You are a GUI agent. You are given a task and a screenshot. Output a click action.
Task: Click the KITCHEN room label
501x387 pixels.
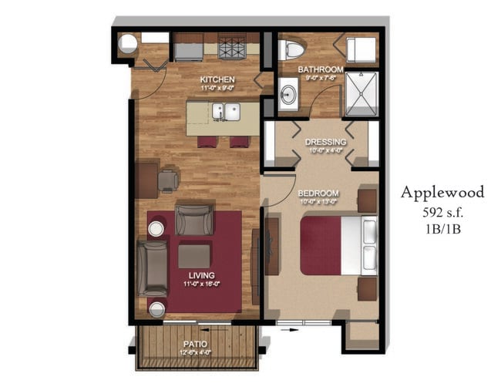tap(217, 80)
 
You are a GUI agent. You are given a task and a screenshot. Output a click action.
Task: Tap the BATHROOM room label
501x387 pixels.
tap(321, 69)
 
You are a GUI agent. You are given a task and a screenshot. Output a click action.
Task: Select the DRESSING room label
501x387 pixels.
tap(324, 143)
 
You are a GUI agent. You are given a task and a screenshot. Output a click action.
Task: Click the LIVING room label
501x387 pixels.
tap(200, 275)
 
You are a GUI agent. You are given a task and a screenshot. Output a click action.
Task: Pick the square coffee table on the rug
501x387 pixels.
tap(194, 255)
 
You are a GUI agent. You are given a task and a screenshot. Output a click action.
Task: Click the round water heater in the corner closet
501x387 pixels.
tap(127, 44)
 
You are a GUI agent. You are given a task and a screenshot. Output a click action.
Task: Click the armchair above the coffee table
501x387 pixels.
tap(193, 219)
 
